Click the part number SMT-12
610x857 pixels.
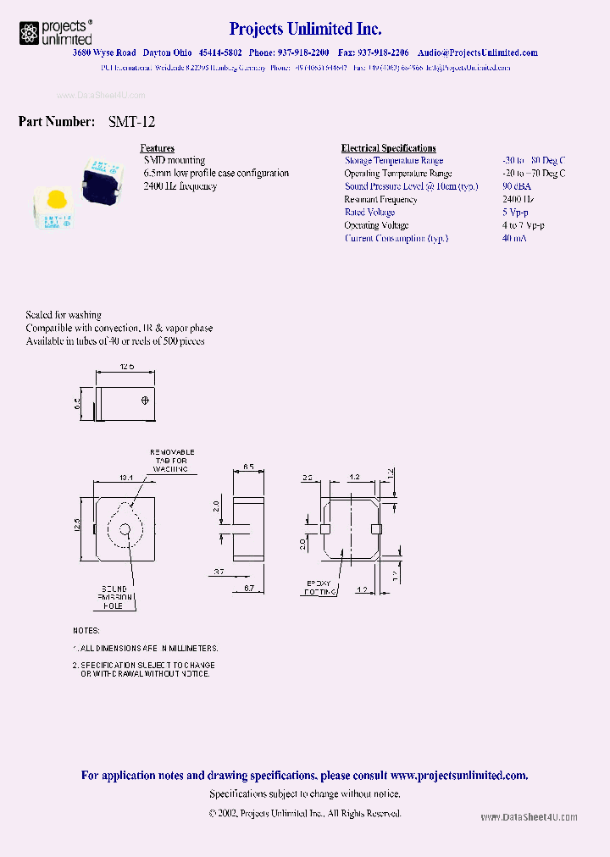131,122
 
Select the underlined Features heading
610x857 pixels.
157,148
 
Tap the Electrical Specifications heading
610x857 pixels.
388,148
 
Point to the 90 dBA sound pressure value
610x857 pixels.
516,186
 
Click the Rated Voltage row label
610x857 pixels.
369,213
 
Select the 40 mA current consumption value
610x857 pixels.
513,239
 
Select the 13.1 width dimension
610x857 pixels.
125,478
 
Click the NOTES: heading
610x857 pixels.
86,631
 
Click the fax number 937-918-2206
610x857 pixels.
378,53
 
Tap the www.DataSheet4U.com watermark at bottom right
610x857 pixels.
529,817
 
